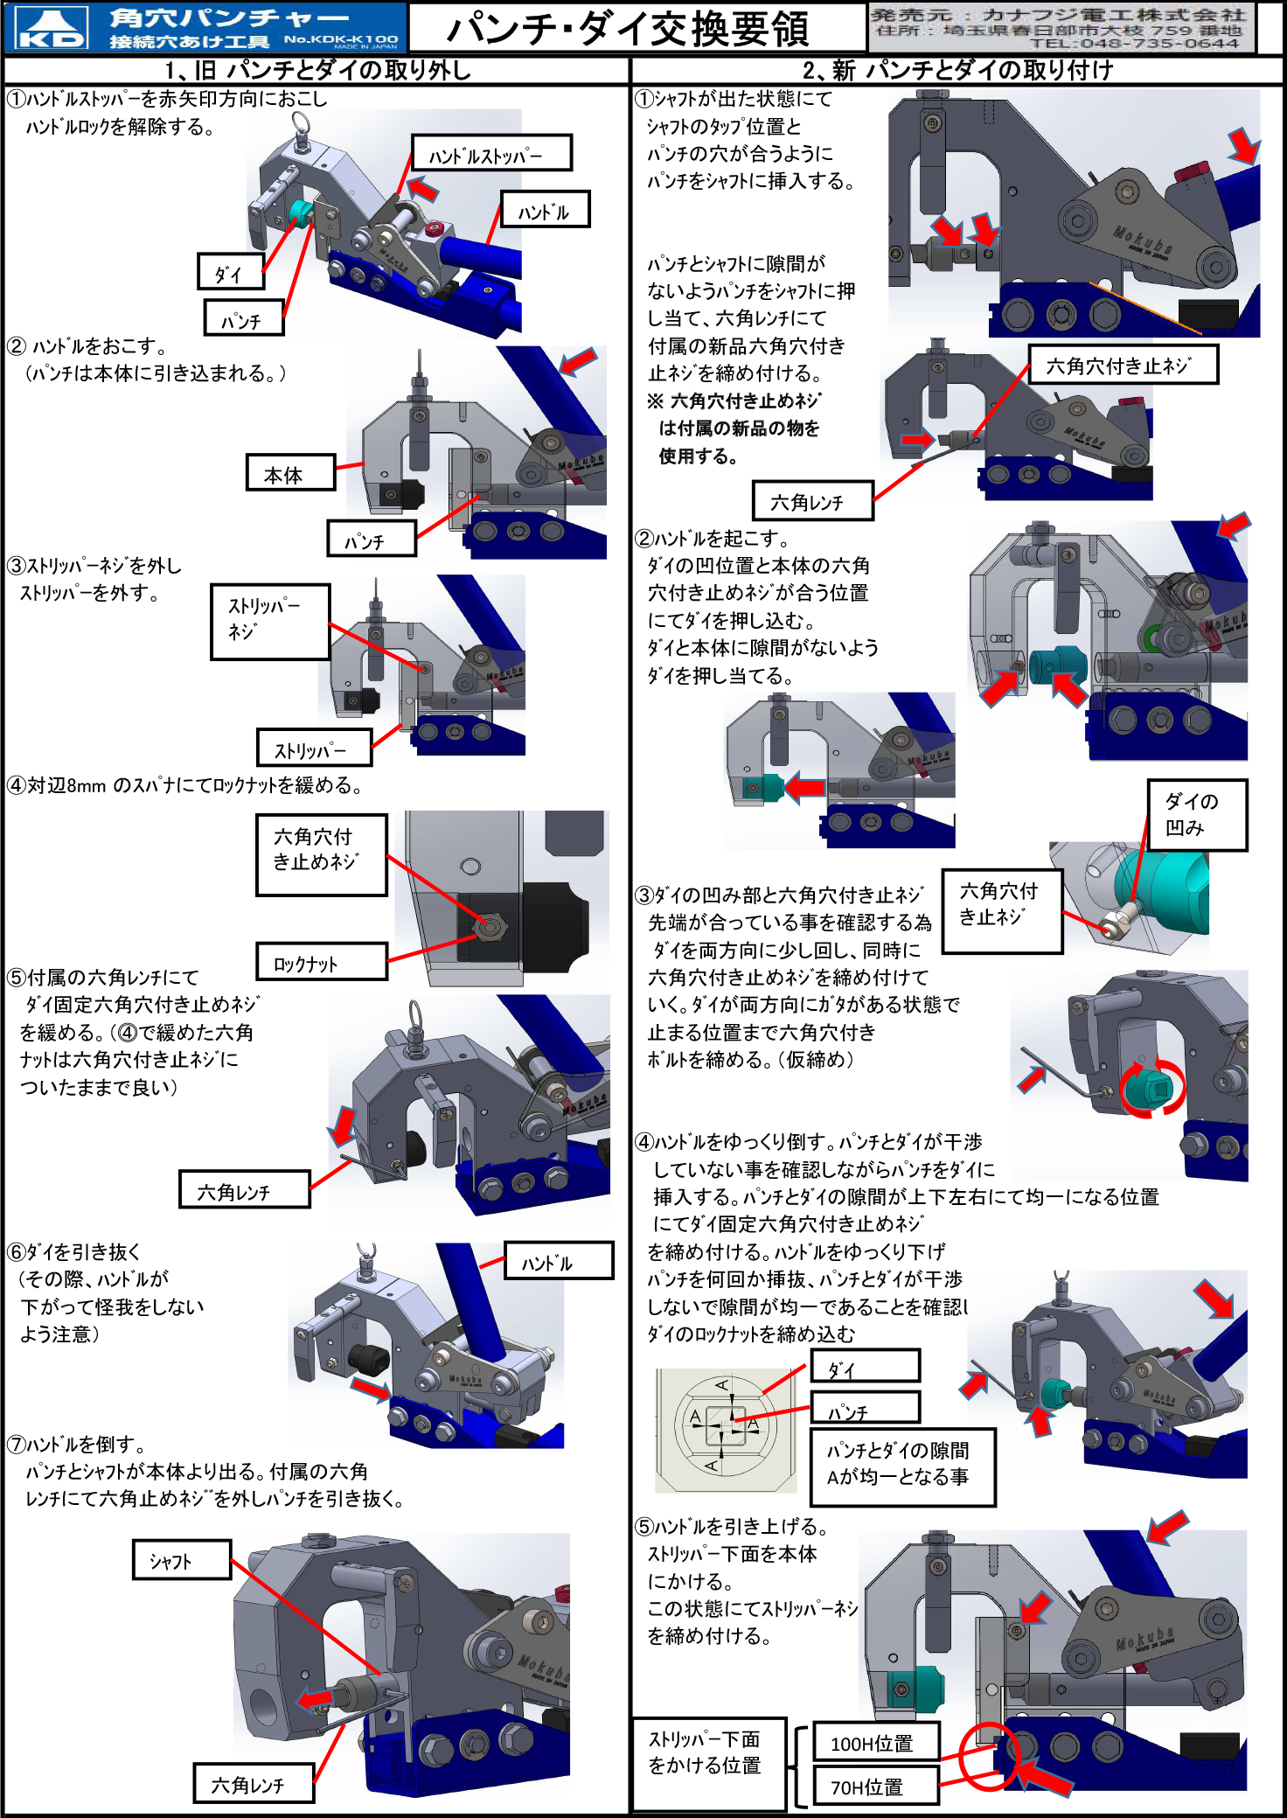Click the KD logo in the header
[x=52, y=28]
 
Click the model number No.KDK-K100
[x=340, y=39]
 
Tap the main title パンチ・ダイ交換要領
[x=628, y=29]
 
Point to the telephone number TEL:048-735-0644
[x=1134, y=44]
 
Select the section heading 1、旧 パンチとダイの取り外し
[x=318, y=71]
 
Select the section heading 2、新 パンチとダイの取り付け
[x=957, y=71]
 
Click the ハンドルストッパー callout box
[x=491, y=154]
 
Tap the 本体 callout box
[x=290, y=473]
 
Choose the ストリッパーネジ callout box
[x=270, y=621]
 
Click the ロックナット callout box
[x=321, y=962]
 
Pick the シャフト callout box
[x=181, y=1560]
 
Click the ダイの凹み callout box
[x=1196, y=815]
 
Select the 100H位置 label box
[x=875, y=1743]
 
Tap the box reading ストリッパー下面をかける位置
[x=709, y=1763]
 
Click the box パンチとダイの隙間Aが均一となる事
[x=902, y=1466]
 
